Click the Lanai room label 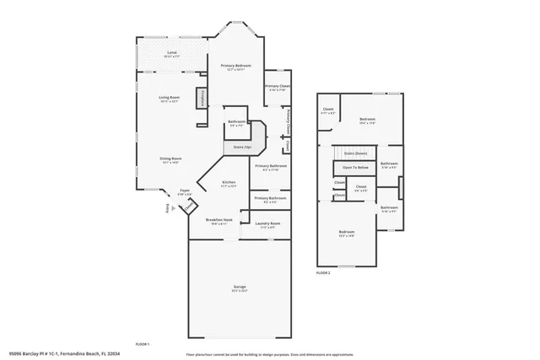tap(171, 54)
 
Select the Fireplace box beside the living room tap(202, 99)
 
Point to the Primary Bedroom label tap(237, 67)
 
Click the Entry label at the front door tap(167, 208)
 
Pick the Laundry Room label tap(269, 226)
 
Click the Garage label tap(240, 288)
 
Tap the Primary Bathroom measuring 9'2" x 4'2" tap(271, 201)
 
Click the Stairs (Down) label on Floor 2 tap(356, 153)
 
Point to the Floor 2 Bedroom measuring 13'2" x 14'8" tap(347, 233)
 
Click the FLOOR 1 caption tap(143, 344)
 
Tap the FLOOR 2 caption tap(323, 273)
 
